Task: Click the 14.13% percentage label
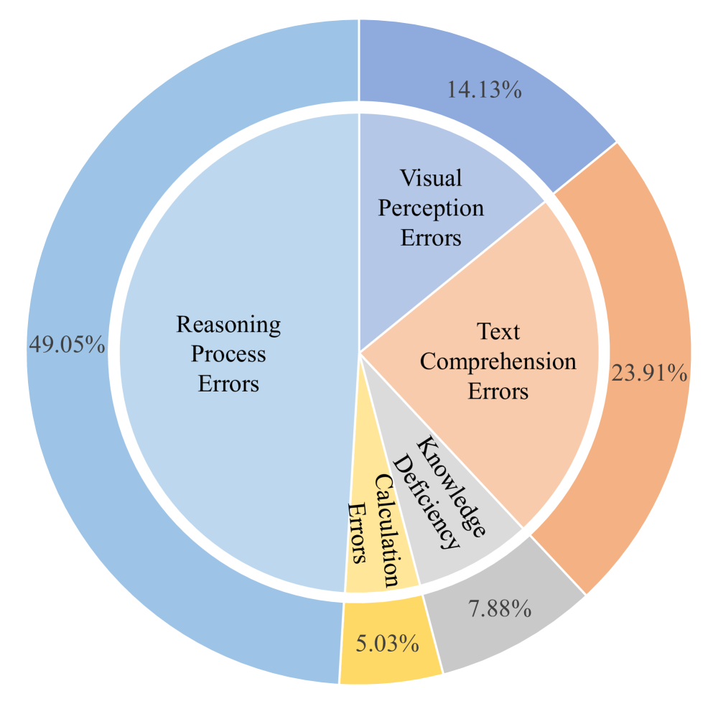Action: (x=485, y=91)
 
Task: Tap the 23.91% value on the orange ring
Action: (x=649, y=374)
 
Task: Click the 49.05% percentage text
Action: (x=67, y=344)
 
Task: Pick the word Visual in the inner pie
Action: (x=431, y=177)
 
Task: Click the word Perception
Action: (x=431, y=208)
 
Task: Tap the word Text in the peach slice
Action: (x=498, y=331)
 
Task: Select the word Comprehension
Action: (x=498, y=361)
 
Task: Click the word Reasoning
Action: (x=228, y=324)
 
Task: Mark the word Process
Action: (x=228, y=353)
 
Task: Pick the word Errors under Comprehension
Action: (x=498, y=392)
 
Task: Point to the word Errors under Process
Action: (x=228, y=384)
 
